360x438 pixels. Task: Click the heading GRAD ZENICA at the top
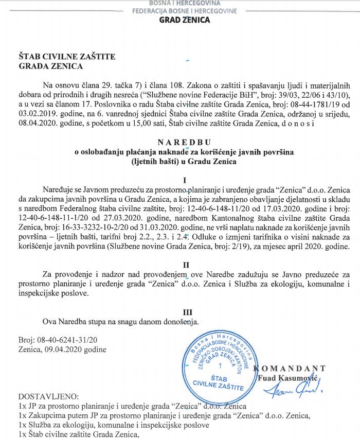click(x=185, y=20)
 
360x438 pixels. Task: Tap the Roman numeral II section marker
click(x=186, y=264)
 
